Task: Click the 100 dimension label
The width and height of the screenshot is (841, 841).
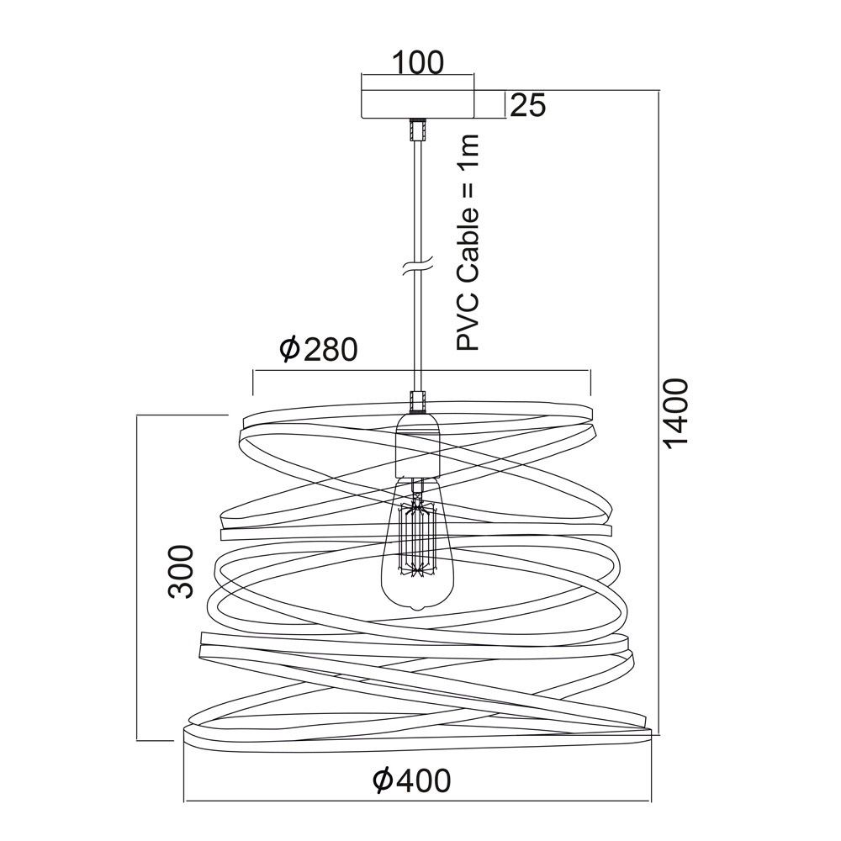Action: click(x=418, y=62)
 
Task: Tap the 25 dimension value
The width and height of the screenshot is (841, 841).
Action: click(x=527, y=105)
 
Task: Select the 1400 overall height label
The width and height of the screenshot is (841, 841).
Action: click(x=675, y=411)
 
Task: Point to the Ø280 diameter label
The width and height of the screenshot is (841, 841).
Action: click(x=319, y=349)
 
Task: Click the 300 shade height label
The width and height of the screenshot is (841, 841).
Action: click(x=180, y=571)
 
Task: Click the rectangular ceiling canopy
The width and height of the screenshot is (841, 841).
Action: click(x=418, y=104)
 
